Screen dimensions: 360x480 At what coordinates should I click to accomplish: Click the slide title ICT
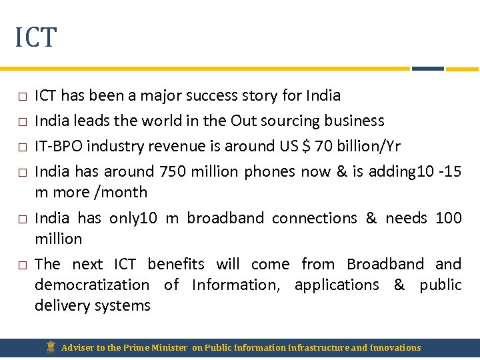[x=36, y=37]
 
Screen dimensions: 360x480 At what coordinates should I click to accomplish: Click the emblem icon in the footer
[x=51, y=347]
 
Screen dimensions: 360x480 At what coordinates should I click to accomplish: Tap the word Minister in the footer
[x=169, y=347]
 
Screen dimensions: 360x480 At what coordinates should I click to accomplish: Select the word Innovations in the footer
[x=396, y=347]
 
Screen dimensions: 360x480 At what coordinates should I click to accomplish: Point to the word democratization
[x=92, y=285]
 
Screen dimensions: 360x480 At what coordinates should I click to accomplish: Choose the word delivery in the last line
[x=61, y=305]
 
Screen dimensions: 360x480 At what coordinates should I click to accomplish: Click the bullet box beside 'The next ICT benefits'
[x=22, y=265]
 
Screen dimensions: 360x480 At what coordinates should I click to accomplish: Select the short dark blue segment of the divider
[x=427, y=68]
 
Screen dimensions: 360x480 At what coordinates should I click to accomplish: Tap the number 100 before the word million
[x=448, y=218]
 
